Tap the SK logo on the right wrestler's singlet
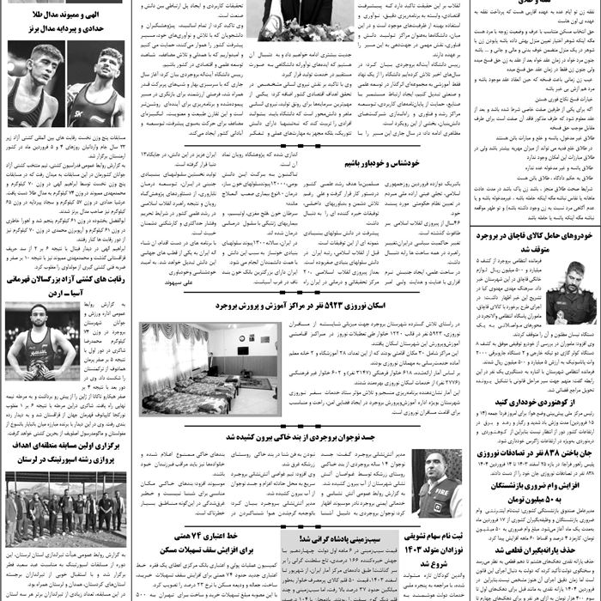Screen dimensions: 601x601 click(100, 112)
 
